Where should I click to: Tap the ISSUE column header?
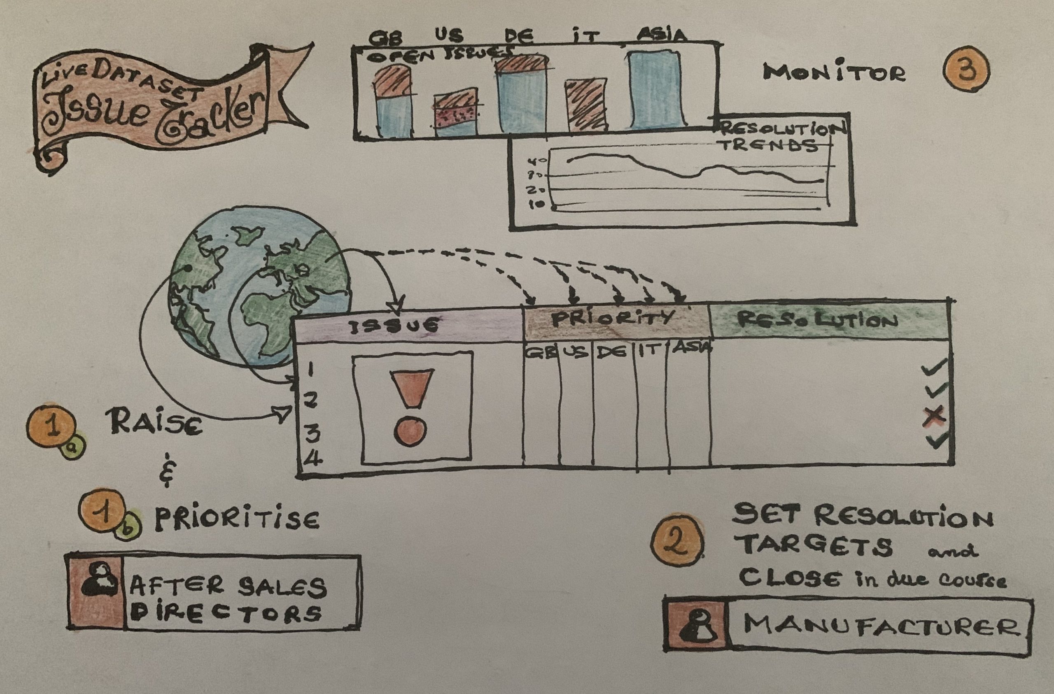click(394, 326)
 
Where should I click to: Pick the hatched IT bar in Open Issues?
click(585, 105)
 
